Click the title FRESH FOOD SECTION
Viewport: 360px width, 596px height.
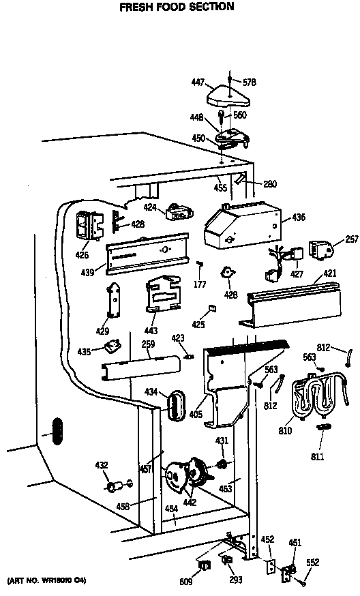tap(177, 7)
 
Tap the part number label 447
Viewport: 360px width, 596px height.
tap(197, 82)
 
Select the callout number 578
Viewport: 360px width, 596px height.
tap(251, 82)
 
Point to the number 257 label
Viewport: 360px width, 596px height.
tap(351, 240)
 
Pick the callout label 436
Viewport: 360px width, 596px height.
tap(299, 218)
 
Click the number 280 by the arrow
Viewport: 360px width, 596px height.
tap(270, 183)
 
